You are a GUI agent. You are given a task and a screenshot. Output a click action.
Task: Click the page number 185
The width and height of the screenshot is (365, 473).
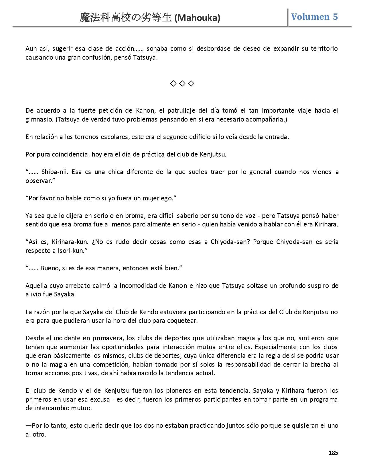pos(333,453)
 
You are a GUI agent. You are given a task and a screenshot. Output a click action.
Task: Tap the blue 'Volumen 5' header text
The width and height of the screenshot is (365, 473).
pos(314,17)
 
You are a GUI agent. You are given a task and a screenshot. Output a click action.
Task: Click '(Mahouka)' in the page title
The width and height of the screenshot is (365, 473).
pos(197,18)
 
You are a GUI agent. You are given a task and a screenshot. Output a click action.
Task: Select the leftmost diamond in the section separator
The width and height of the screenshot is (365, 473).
pos(173,83)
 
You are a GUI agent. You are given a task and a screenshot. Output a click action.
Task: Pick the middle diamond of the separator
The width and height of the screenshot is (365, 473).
pos(182,83)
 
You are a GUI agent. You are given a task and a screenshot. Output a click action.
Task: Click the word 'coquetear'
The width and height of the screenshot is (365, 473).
pos(183,320)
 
